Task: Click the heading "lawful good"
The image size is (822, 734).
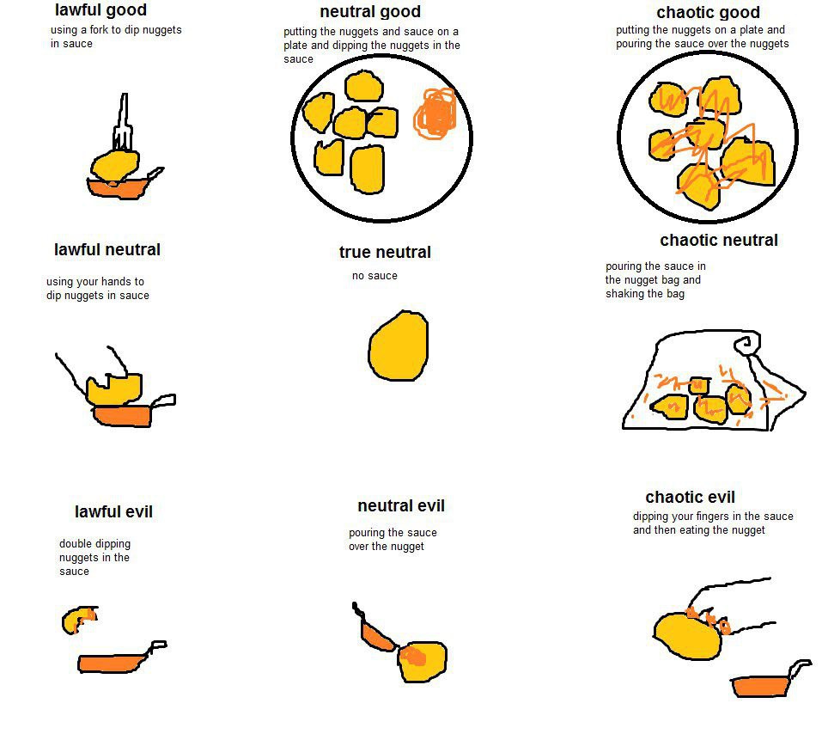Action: click(100, 10)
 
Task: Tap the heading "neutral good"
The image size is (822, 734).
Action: click(370, 11)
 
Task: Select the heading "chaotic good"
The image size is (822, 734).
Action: click(708, 12)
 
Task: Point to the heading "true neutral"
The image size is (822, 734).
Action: click(385, 252)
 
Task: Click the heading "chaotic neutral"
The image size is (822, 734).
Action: click(719, 241)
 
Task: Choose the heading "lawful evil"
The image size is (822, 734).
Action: click(113, 511)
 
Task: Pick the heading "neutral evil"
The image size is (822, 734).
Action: click(401, 505)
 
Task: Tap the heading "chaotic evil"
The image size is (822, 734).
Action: click(690, 497)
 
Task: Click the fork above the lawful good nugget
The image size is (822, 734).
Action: click(123, 122)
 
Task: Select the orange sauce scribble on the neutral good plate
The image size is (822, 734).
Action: click(435, 113)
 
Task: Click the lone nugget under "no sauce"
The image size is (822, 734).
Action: click(399, 346)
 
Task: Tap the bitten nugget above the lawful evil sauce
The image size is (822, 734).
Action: click(79, 620)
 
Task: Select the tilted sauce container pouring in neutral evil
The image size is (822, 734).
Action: click(374, 631)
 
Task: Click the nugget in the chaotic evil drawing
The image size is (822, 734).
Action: click(688, 635)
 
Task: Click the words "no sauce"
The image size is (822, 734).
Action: click(374, 276)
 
